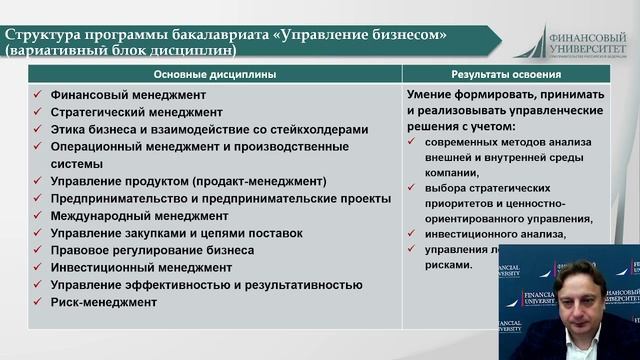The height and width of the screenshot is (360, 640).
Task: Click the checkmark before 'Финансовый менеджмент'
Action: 36,95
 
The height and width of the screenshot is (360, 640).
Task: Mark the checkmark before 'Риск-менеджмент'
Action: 36,302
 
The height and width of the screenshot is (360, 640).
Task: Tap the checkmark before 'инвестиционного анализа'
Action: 413,233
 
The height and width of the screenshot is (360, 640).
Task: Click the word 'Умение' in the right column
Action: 431,95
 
